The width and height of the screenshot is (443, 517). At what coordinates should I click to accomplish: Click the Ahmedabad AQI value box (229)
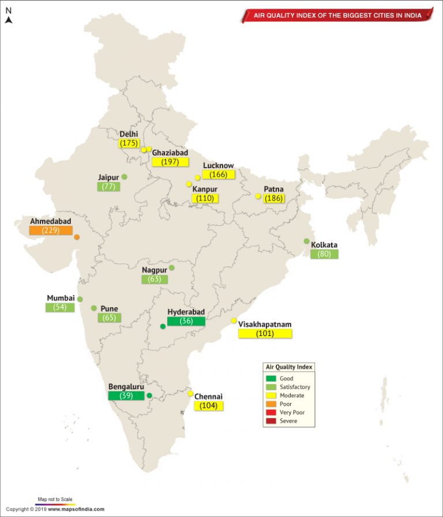[x=51, y=231]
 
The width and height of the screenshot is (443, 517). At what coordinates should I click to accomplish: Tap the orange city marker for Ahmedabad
[x=77, y=237]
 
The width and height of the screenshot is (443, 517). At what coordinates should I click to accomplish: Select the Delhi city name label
[x=129, y=134]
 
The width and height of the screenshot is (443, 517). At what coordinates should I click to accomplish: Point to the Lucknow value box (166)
[x=219, y=174]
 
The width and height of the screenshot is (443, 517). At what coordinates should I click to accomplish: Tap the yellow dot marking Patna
[x=258, y=196]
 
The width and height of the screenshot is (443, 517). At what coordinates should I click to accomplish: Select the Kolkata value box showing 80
[x=324, y=254]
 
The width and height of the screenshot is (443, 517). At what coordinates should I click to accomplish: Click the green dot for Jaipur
[x=124, y=177]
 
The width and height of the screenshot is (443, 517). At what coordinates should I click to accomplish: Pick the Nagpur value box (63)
[x=155, y=279]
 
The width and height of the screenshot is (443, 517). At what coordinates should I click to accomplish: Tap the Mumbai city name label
[x=61, y=298]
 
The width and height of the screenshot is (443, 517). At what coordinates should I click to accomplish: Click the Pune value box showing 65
[x=109, y=318]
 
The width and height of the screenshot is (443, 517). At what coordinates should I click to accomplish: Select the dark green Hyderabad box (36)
[x=186, y=321]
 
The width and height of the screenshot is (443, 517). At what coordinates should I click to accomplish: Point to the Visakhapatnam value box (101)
[x=265, y=333]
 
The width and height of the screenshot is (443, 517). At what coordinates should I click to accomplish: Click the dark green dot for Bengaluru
[x=149, y=395]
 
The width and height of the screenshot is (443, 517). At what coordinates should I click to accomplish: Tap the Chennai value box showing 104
[x=208, y=406]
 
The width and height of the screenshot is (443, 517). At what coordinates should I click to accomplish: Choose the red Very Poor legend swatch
[x=271, y=413]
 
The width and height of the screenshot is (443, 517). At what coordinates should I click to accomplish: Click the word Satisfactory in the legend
[x=294, y=387]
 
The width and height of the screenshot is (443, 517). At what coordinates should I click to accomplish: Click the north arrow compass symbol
[x=8, y=20]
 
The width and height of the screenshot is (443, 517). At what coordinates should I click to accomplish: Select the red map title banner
[x=337, y=16]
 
